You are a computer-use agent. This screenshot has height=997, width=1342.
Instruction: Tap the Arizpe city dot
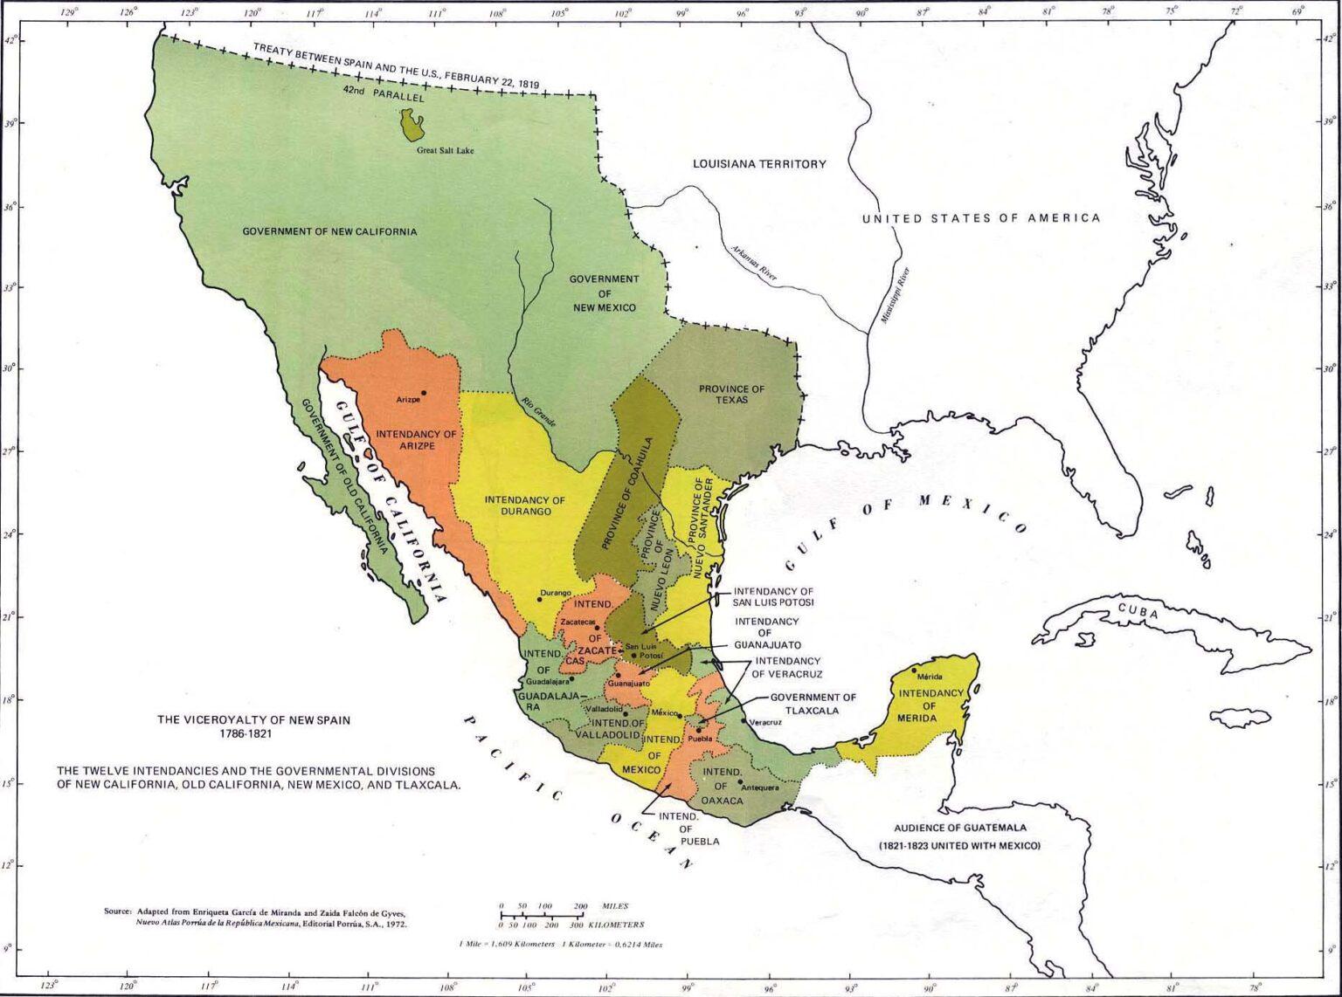click(x=424, y=393)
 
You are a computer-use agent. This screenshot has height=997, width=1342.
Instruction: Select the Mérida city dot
click(x=915, y=670)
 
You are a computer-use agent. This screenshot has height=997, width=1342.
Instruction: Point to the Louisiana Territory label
click(x=758, y=164)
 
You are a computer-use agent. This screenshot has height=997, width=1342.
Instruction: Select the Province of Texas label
click(x=731, y=395)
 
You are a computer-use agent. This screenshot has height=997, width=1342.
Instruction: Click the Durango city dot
click(x=539, y=599)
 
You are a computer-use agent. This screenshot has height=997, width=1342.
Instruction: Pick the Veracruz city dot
click(x=744, y=720)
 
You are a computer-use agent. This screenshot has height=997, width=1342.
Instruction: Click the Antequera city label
click(x=759, y=787)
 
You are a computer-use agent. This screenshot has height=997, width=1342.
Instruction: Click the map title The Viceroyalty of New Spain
click(x=253, y=720)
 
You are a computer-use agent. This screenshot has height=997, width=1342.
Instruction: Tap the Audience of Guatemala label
click(x=959, y=828)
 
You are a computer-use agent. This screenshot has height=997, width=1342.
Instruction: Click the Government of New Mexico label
click(x=604, y=293)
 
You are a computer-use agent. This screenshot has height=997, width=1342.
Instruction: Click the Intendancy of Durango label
click(x=524, y=505)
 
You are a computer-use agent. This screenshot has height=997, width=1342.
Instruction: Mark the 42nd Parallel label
click(x=383, y=93)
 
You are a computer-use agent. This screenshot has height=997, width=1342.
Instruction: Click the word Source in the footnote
click(x=118, y=911)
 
